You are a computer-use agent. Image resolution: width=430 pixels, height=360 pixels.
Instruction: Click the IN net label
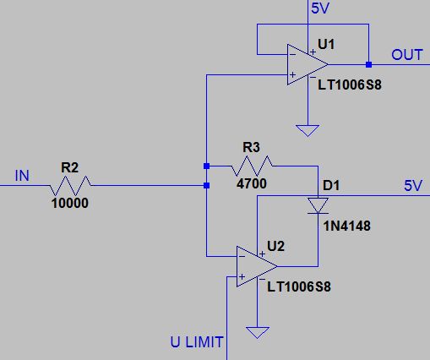tap(22, 176)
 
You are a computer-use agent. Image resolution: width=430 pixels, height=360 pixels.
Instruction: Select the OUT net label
tap(407, 55)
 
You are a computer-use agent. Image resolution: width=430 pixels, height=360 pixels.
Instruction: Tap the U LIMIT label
tap(197, 342)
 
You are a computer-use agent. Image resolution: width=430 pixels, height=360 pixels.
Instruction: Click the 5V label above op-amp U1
tap(320, 8)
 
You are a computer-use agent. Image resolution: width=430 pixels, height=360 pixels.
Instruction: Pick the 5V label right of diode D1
tap(413, 186)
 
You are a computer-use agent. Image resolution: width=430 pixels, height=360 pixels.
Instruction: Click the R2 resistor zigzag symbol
tap(70, 186)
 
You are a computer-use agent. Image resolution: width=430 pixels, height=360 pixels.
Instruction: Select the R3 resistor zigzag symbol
tap(252, 166)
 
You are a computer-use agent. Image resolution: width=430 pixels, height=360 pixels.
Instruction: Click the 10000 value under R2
tap(70, 203)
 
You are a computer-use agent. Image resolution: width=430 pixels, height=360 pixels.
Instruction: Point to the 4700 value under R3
tap(252, 183)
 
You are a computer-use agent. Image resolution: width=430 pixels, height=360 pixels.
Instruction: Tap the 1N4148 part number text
tap(347, 226)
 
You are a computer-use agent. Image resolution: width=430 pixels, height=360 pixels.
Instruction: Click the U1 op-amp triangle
tap(308, 64)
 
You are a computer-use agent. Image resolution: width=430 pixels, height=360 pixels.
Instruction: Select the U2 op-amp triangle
tap(257, 266)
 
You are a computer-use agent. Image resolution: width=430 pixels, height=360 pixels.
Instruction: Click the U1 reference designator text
tap(326, 44)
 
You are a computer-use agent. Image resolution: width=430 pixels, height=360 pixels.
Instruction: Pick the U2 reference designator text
tap(275, 247)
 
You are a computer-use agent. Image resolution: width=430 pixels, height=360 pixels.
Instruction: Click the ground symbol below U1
tap(308, 130)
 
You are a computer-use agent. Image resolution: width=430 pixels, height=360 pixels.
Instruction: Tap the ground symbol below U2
tap(258, 333)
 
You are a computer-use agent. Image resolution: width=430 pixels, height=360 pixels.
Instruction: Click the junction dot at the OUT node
tap(368, 64)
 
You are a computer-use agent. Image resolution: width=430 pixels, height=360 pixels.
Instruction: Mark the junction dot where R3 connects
tap(206, 166)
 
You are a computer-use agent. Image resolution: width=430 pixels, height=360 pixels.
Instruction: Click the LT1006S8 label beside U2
tap(299, 286)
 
